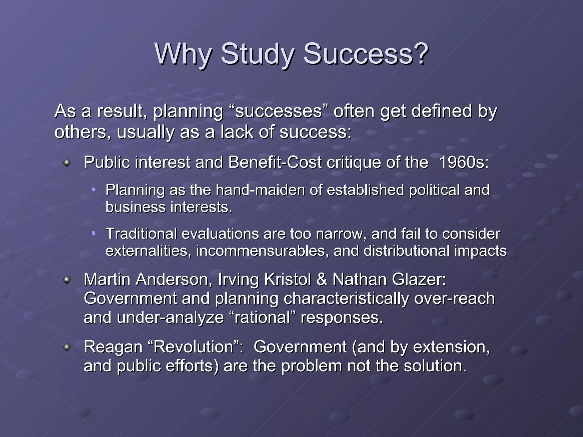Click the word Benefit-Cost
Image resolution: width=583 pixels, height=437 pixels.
pyautogui.click(x=275, y=162)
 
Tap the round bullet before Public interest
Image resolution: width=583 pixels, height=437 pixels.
pyautogui.click(x=67, y=163)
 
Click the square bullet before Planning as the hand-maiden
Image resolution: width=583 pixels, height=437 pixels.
pyautogui.click(x=93, y=189)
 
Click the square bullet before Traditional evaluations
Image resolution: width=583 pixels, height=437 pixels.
pyautogui.click(x=93, y=233)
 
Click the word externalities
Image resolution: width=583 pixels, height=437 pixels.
pyautogui.click(x=148, y=251)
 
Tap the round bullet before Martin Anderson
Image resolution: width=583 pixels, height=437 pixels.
pyautogui.click(x=67, y=280)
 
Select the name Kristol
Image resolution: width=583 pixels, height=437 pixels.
pyautogui.click(x=288, y=279)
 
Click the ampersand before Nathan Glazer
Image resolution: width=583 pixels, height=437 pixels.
pyautogui.click(x=322, y=279)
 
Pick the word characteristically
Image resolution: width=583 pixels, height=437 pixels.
pyautogui.click(x=346, y=299)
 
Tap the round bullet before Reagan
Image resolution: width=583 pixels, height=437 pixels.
pyautogui.click(x=67, y=347)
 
